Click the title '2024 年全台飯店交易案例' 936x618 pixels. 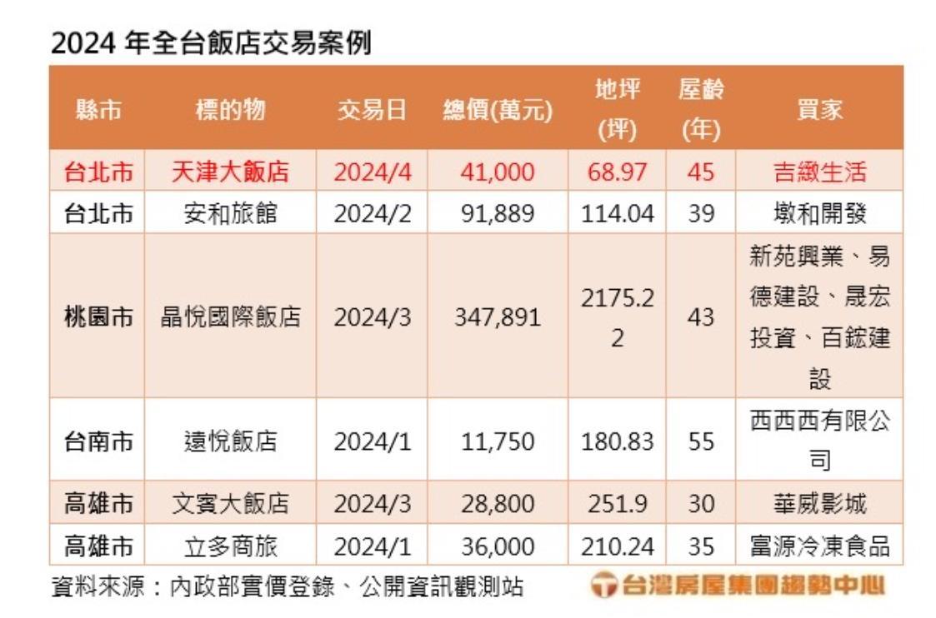[x=211, y=42]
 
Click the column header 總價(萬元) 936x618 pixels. [x=497, y=110]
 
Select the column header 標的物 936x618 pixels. [x=230, y=110]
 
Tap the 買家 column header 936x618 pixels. [x=819, y=110]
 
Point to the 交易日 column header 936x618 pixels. [x=372, y=110]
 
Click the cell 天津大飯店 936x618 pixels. [x=230, y=172]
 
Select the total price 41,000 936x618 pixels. [x=497, y=172]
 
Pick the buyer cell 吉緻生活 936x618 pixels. [x=819, y=172]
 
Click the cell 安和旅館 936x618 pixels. [x=230, y=214]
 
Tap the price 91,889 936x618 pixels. [x=497, y=214]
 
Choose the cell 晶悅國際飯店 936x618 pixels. [x=230, y=317]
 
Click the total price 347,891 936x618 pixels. [x=497, y=317]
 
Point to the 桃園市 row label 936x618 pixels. [x=98, y=317]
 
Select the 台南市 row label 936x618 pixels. [x=98, y=441]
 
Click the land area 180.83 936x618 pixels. [x=617, y=441]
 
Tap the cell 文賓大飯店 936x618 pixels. [x=230, y=504]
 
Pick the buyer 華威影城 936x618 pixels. [x=819, y=504]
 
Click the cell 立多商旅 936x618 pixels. [x=230, y=546]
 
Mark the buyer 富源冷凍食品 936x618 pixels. [x=819, y=546]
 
